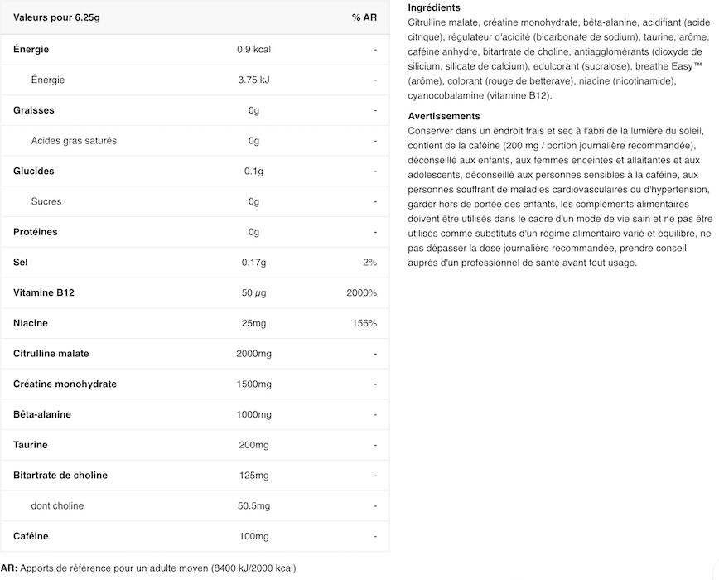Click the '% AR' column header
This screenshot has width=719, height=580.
click(364, 17)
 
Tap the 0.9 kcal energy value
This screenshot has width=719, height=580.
click(253, 49)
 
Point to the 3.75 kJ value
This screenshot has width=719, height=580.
click(253, 80)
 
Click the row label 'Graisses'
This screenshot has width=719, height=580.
click(34, 110)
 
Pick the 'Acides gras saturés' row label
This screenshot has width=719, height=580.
click(74, 141)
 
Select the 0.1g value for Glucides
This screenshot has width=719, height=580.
click(253, 171)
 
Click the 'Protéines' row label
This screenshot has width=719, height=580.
click(37, 232)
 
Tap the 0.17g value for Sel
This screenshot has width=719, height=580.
click(253, 263)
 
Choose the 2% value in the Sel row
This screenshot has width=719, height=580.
click(369, 263)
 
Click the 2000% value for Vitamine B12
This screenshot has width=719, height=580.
click(362, 292)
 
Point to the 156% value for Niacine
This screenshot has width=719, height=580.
click(364, 323)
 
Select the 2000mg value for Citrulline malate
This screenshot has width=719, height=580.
click(253, 354)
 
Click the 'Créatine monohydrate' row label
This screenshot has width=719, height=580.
click(65, 384)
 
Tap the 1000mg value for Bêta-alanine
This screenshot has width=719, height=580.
click(253, 414)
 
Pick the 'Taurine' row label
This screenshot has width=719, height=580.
click(31, 445)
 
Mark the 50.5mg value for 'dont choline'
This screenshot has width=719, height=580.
click(253, 505)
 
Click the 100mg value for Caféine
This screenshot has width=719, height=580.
click(253, 536)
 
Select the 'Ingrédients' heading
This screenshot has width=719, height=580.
click(434, 7)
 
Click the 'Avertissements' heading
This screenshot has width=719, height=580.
click(444, 116)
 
